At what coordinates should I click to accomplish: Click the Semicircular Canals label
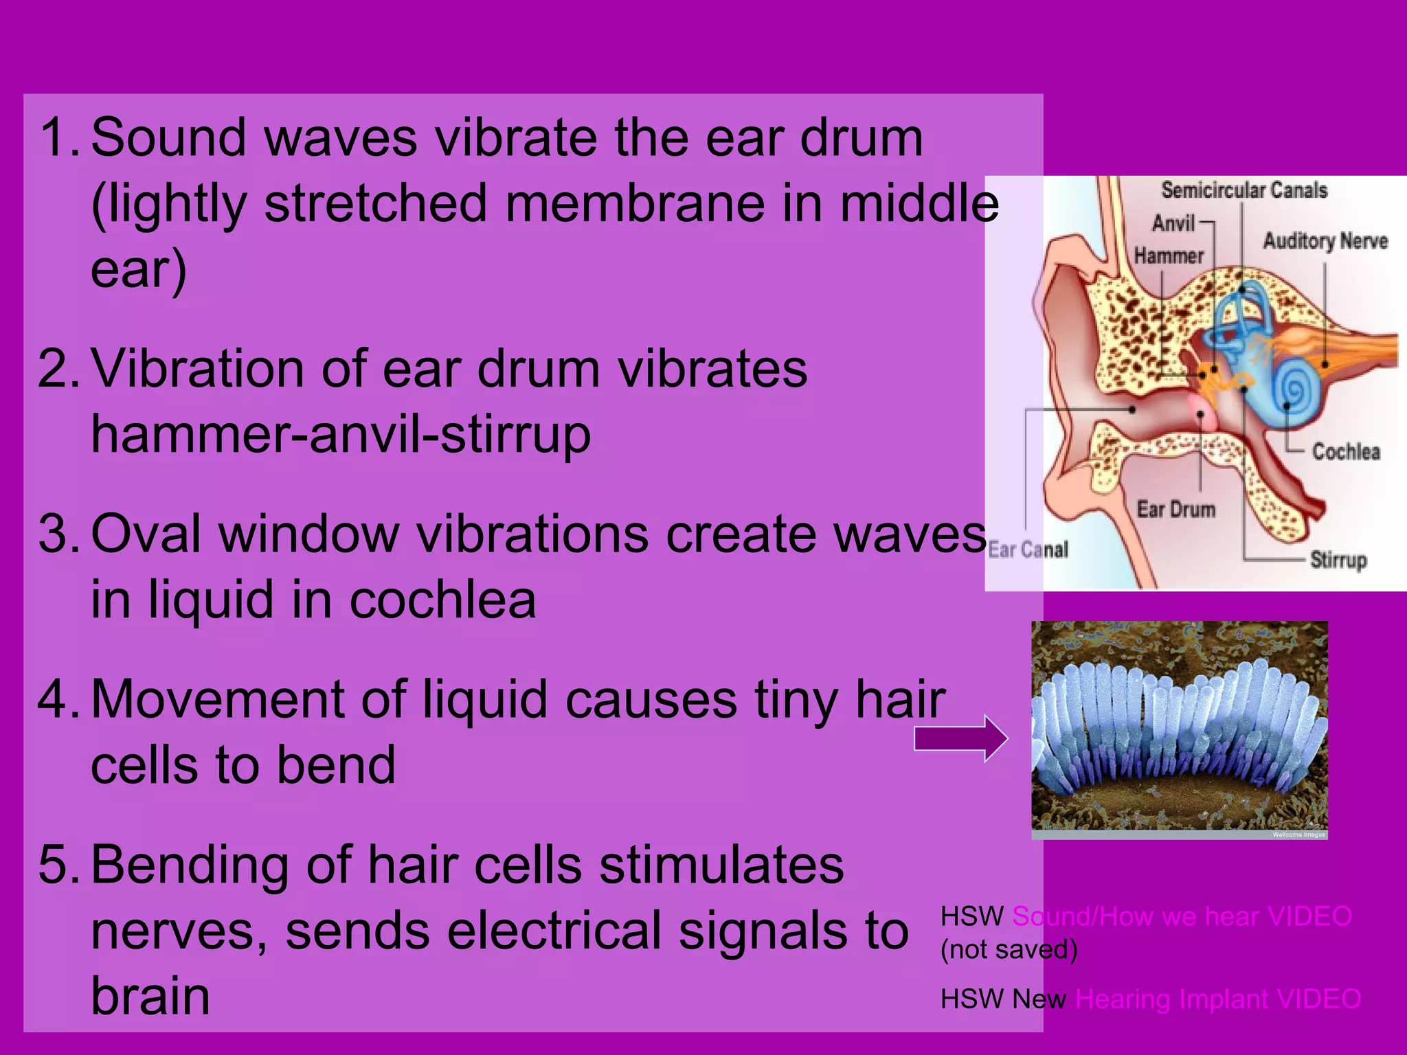tap(1244, 190)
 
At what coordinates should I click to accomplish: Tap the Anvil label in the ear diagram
tap(1173, 223)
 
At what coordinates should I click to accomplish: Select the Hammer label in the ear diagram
tap(1169, 256)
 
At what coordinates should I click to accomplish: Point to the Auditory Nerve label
tap(1325, 241)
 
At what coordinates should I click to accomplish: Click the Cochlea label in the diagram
tap(1345, 452)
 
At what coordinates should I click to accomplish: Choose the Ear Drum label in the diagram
tap(1175, 510)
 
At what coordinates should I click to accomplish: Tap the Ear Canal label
tap(1028, 550)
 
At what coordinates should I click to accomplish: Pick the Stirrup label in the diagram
tap(1338, 560)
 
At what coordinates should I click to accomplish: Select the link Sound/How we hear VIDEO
tap(1182, 917)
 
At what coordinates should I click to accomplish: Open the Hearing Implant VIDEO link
tap(1217, 999)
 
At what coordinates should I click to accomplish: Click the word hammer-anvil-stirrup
tap(341, 435)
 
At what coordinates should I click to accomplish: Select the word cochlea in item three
tap(442, 600)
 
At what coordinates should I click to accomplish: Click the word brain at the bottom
tap(150, 997)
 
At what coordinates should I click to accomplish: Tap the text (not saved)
tap(1009, 950)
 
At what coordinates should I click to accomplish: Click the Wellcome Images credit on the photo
tap(1298, 835)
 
